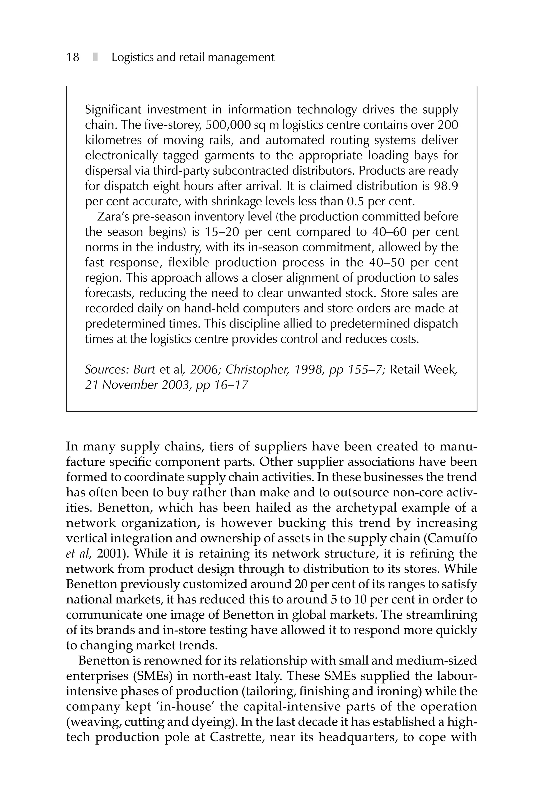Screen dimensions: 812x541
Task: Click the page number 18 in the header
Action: tap(72, 57)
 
